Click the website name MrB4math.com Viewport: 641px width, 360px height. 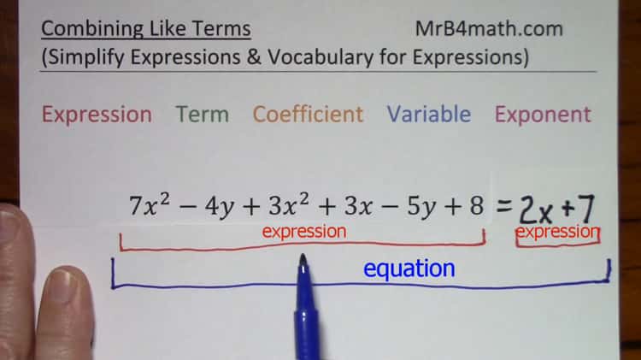(489, 28)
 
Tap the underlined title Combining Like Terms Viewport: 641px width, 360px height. (146, 28)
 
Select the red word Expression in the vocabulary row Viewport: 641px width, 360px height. (97, 115)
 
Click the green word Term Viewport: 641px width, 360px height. (202, 115)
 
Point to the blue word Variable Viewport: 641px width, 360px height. (428, 115)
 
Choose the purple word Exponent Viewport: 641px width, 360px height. (543, 115)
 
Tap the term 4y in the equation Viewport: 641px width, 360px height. (215, 207)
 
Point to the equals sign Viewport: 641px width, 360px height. (504, 206)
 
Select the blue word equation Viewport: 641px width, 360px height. (409, 269)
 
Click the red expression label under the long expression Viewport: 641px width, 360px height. (303, 232)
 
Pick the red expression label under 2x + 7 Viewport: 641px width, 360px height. (557, 232)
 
